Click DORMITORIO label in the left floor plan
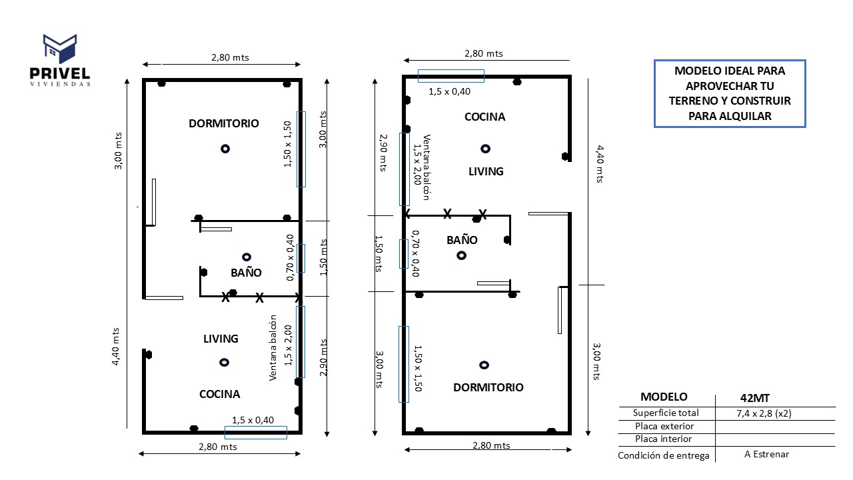[x=223, y=123]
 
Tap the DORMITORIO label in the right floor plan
[x=488, y=387]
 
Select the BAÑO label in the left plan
[x=246, y=273]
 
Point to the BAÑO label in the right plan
[x=462, y=239]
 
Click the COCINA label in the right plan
[x=484, y=117]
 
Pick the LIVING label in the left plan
[x=221, y=339]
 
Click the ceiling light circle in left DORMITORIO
[x=225, y=149]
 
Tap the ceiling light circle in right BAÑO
[x=461, y=255]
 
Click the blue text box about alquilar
[x=730, y=93]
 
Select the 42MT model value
[x=755, y=397]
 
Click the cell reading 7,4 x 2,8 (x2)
[x=763, y=413]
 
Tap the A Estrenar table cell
[x=766, y=454]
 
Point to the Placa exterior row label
[x=664, y=426]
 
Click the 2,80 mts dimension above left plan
[x=230, y=57]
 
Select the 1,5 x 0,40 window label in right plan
[x=449, y=91]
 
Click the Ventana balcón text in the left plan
[x=273, y=347]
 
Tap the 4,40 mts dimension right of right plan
[x=600, y=164]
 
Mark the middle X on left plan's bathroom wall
[x=259, y=298]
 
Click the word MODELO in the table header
[x=664, y=397]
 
